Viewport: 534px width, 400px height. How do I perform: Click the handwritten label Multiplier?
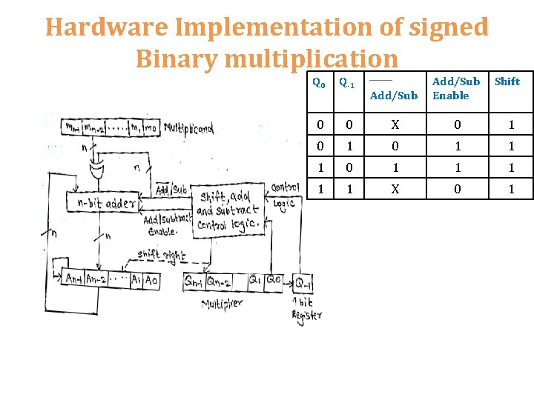pos(227,304)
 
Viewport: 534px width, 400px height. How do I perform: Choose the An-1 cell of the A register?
pos(74,279)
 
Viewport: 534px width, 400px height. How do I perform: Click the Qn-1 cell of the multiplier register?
pos(194,281)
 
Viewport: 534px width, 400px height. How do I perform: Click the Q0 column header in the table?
pos(318,83)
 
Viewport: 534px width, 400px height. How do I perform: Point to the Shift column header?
pos(507,81)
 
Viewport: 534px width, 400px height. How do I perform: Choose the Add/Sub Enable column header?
pos(455,88)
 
